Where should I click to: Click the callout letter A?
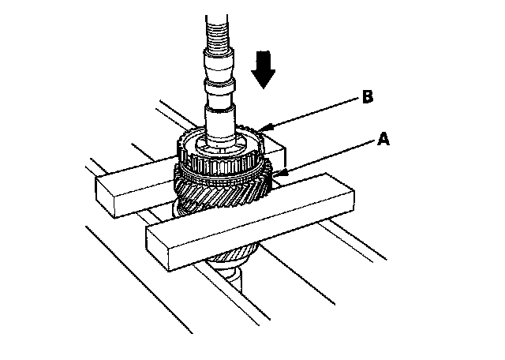383,139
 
